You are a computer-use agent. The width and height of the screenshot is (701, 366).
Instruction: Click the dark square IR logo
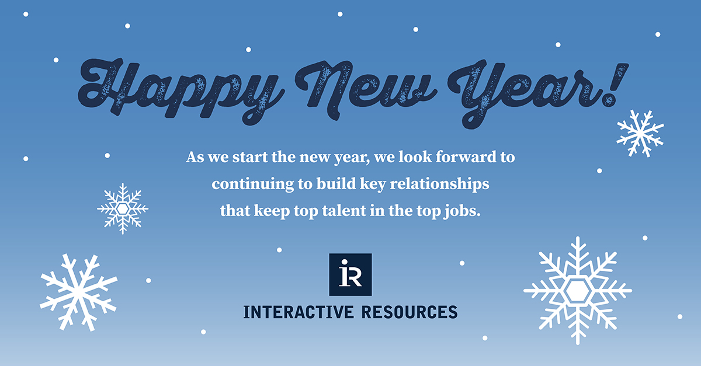click(350, 274)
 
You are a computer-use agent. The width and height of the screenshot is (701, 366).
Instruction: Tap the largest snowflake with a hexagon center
click(577, 290)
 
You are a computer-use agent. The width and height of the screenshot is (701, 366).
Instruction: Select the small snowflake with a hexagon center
click(123, 208)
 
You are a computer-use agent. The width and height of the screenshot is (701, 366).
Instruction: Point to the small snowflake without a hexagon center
click(640, 133)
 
